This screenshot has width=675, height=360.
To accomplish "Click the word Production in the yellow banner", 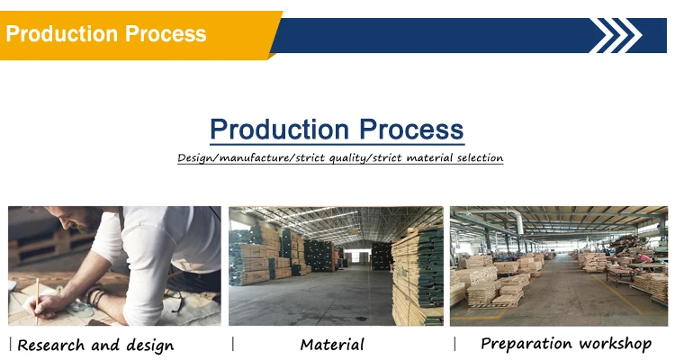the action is point(61,33).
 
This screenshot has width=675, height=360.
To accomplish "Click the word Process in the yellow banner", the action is point(166,33).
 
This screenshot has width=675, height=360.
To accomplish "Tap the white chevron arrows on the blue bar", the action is point(616,35).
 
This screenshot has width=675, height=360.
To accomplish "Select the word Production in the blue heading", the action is point(279,130).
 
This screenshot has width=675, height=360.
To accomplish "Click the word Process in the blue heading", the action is point(411,130).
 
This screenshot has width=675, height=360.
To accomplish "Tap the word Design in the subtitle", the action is point(195,158).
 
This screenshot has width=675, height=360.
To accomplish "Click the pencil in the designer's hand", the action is point(37,300).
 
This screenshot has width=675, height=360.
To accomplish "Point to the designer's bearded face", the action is point(82,219).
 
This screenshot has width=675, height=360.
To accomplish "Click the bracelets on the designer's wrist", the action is point(96,297).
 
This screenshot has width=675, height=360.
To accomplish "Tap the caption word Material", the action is point(332,345).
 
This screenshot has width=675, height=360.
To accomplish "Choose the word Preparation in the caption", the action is point(526,344).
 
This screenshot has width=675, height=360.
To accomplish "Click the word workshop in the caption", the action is point(615,344).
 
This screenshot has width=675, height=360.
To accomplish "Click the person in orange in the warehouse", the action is point(336,260).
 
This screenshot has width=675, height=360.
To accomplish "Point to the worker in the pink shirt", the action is point(644,258).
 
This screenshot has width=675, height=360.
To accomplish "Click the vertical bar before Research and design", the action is point(11,345).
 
